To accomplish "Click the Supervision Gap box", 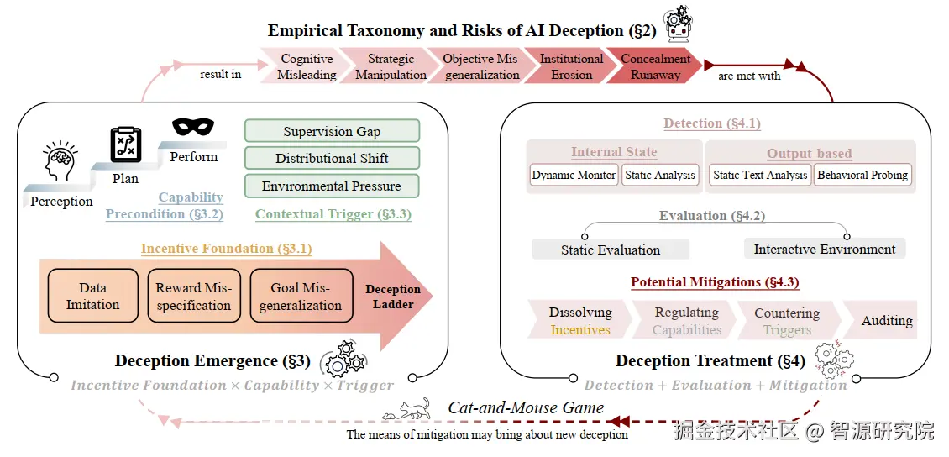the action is [x=332, y=131].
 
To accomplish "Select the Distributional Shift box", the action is [x=332, y=159].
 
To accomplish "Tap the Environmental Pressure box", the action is [x=332, y=186].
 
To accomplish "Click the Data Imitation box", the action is [x=92, y=296].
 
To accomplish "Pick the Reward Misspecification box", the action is [x=193, y=296].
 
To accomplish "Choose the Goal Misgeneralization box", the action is [x=301, y=296].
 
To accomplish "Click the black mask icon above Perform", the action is [x=194, y=127].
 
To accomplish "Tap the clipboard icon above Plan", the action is [x=126, y=144].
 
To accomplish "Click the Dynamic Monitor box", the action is [x=573, y=175].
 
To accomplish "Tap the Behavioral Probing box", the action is [x=862, y=175].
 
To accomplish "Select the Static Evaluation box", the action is [x=610, y=250].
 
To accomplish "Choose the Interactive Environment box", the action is [x=825, y=249].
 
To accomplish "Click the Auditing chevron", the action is [x=883, y=321].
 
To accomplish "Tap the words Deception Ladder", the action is [x=393, y=297].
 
